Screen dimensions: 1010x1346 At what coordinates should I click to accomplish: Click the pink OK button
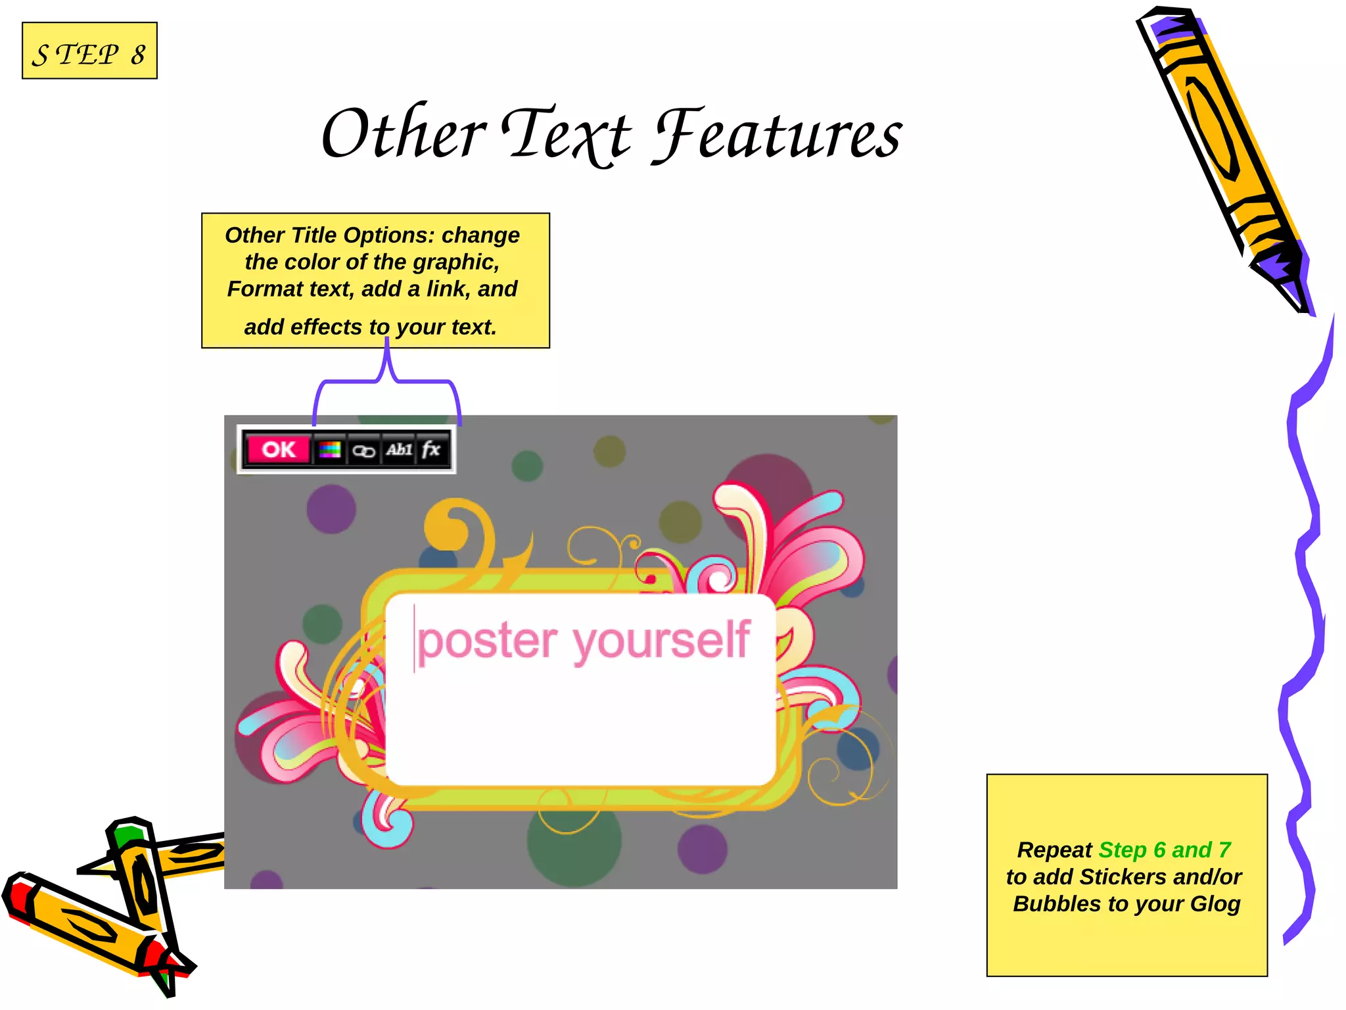[278, 450]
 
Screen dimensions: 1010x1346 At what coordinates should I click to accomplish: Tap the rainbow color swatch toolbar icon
[329, 450]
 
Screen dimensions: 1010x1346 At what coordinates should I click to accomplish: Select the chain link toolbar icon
[363, 450]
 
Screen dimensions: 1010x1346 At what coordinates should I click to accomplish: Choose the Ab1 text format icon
[399, 450]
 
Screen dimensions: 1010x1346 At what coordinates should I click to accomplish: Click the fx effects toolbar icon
[431, 450]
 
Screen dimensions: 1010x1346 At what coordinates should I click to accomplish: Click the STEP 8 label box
[89, 51]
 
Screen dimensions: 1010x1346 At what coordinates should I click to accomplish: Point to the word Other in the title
[403, 134]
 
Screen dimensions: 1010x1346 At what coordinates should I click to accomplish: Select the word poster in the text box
[487, 641]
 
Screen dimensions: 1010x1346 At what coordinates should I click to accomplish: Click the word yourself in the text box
[661, 641]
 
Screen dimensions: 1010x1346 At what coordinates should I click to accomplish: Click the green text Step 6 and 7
[1165, 850]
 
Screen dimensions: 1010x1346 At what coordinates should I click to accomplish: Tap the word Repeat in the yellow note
[1054, 850]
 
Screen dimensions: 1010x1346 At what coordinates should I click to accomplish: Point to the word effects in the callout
[326, 327]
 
